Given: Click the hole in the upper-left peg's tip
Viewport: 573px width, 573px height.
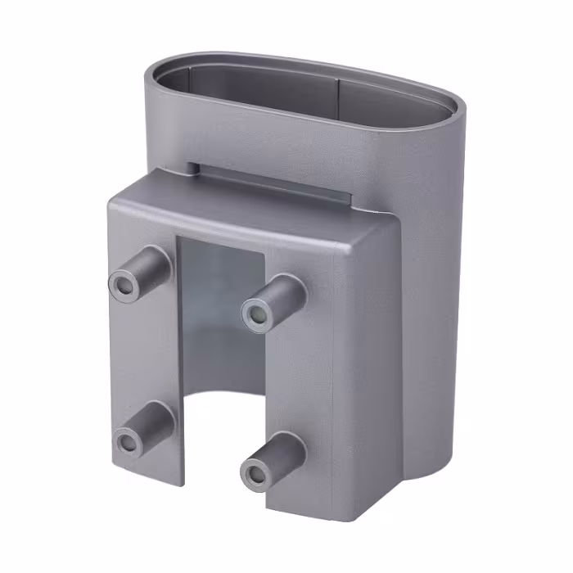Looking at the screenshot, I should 124,285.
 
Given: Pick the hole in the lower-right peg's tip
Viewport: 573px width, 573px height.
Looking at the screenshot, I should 256,474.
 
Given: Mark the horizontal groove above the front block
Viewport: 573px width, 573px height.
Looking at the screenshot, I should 270,181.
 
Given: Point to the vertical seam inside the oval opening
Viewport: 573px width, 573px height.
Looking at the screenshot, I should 338,90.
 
